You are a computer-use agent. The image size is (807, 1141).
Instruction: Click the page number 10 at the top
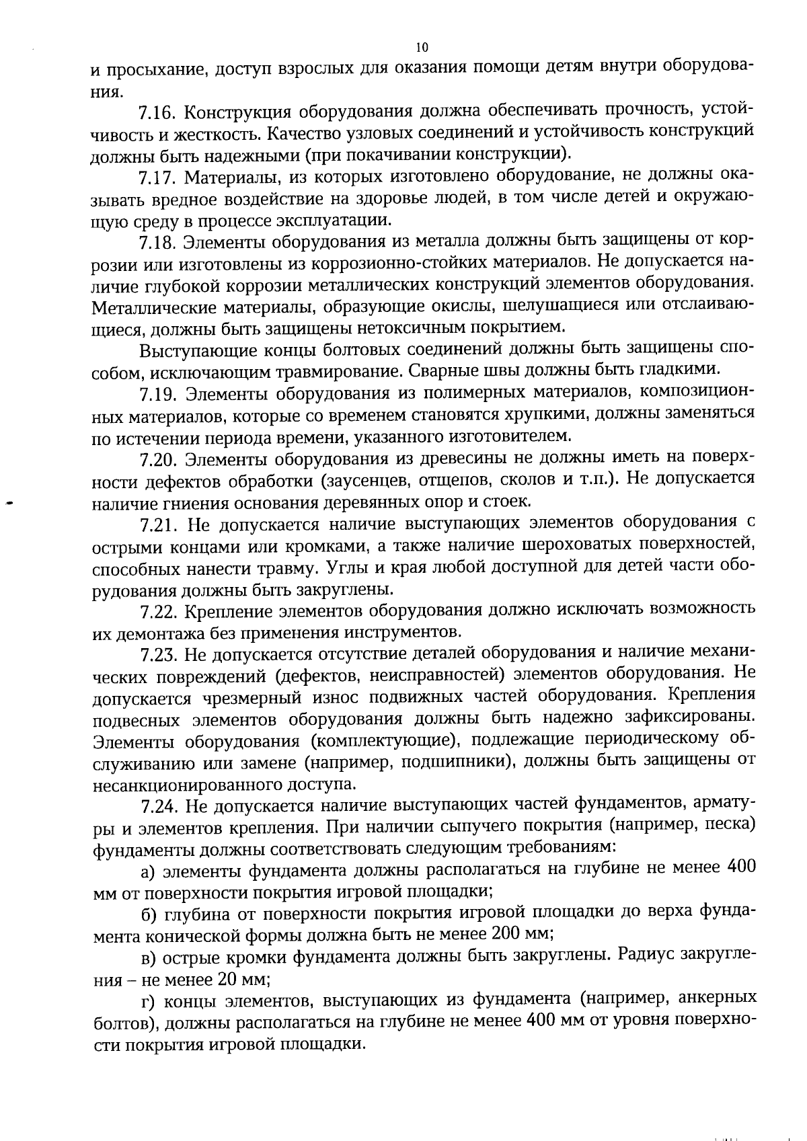point(422,46)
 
